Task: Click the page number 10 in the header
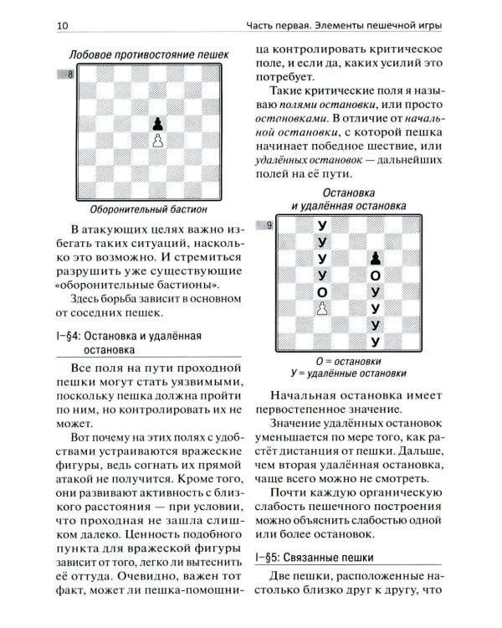coord(63,26)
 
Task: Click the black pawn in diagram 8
coord(156,124)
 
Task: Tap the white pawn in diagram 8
coord(156,141)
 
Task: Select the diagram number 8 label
coord(70,76)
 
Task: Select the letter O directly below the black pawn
coord(375,275)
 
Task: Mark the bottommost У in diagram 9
coord(375,341)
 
